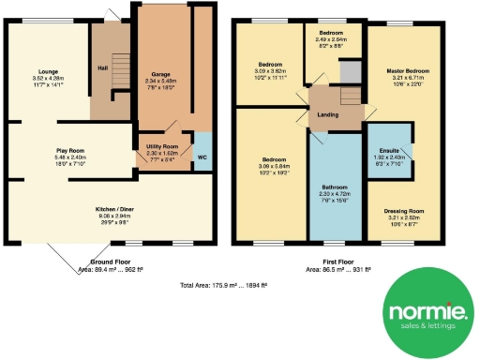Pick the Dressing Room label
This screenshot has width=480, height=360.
(x=404, y=211)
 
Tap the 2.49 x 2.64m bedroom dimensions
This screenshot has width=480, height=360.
(x=330, y=39)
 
